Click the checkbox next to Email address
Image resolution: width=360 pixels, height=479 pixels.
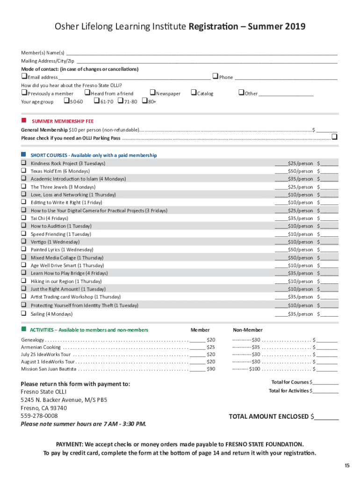click(24, 77)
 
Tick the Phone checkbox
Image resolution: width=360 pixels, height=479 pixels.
click(215, 76)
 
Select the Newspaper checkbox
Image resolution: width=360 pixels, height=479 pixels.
click(152, 93)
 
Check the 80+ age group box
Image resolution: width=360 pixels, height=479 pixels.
click(144, 101)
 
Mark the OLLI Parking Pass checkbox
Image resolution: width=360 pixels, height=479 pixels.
click(334, 137)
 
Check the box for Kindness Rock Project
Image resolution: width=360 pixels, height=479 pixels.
click(23, 163)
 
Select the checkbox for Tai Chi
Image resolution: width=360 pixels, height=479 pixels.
click(23, 218)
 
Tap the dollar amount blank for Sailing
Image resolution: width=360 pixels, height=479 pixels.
click(329, 314)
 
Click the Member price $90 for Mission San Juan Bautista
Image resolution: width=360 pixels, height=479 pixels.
click(211, 369)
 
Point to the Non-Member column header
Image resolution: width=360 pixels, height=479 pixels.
click(248, 330)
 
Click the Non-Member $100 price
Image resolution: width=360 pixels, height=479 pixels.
click(254, 369)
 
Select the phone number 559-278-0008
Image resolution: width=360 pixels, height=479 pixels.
click(39, 416)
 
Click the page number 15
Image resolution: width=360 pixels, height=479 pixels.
click(346, 465)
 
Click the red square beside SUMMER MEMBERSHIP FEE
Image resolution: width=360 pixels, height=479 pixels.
click(23, 120)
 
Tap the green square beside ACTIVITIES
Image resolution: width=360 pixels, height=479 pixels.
click(23, 330)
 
